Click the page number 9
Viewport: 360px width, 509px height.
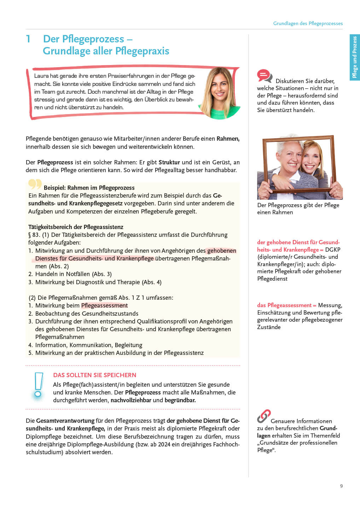point(341,486)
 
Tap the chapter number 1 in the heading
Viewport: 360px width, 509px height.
point(28,39)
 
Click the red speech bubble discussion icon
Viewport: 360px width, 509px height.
point(264,76)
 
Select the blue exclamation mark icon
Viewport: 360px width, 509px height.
point(38,386)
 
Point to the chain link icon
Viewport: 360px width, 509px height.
point(264,416)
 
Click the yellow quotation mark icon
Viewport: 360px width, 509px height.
point(35,184)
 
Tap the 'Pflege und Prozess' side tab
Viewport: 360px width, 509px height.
point(354,57)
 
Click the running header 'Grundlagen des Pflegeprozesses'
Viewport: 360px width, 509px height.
point(308,23)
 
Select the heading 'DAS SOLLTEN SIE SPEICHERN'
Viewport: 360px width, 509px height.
point(94,375)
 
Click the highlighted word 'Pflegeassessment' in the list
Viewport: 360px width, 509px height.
point(104,305)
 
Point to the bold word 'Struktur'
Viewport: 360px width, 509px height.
point(169,162)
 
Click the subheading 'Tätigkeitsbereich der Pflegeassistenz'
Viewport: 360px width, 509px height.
point(76,227)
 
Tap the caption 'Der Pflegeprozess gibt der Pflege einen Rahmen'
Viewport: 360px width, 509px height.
point(298,209)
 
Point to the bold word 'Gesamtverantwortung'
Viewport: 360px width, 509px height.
point(65,421)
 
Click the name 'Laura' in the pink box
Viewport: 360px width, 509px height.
point(41,76)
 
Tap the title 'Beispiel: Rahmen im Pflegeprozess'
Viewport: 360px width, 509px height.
point(89,188)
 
